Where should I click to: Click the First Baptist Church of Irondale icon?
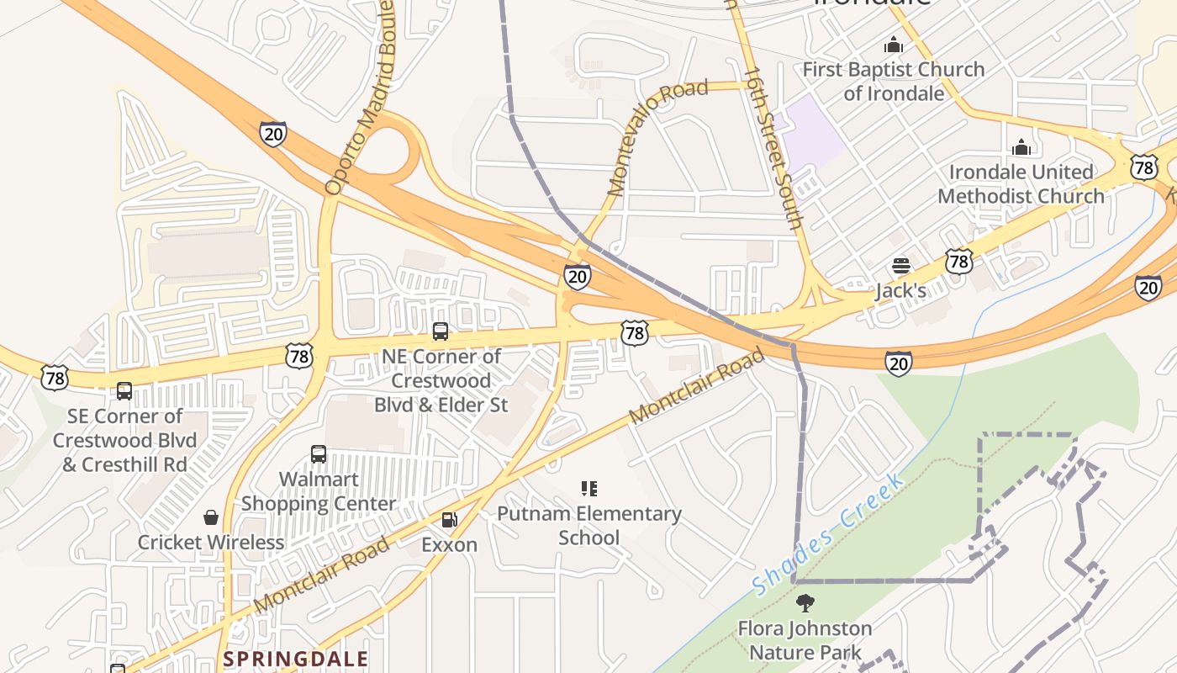click(893, 45)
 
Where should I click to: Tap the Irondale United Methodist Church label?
click(1021, 184)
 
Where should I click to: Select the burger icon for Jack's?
click(901, 267)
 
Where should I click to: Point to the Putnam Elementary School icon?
click(588, 489)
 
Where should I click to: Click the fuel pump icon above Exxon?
click(450, 520)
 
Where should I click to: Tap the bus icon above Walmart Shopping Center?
click(319, 454)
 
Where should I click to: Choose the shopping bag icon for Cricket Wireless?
click(211, 517)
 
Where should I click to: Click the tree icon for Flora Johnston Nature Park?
click(805, 603)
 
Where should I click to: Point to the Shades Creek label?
click(828, 533)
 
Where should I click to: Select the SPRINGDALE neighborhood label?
click(296, 658)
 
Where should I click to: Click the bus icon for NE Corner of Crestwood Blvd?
click(441, 331)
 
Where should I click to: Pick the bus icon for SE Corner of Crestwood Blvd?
click(124, 391)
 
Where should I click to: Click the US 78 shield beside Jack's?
click(958, 262)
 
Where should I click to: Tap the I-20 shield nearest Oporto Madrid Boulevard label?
click(273, 134)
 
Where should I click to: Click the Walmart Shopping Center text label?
click(319, 491)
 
